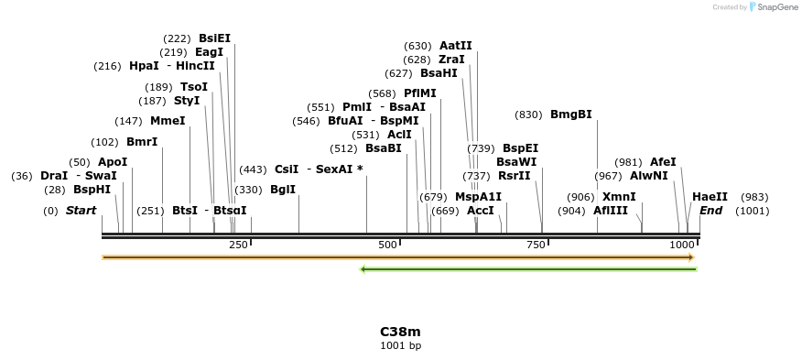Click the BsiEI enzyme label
(x=214, y=38)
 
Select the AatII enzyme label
(x=455, y=46)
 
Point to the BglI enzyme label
(x=282, y=190)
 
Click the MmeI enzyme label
(x=168, y=121)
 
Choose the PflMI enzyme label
(x=419, y=93)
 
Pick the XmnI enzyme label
(x=619, y=197)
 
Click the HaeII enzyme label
(x=710, y=197)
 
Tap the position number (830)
(x=529, y=115)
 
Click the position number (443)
(x=253, y=169)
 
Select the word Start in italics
(x=81, y=211)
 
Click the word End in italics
(x=711, y=211)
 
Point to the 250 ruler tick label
(x=238, y=245)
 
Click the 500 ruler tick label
(x=387, y=245)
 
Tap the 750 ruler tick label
(x=536, y=245)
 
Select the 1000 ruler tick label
(x=682, y=245)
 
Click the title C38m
(x=400, y=332)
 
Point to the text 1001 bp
(x=400, y=346)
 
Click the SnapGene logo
(x=773, y=7)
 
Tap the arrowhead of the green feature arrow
(x=364, y=269)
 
